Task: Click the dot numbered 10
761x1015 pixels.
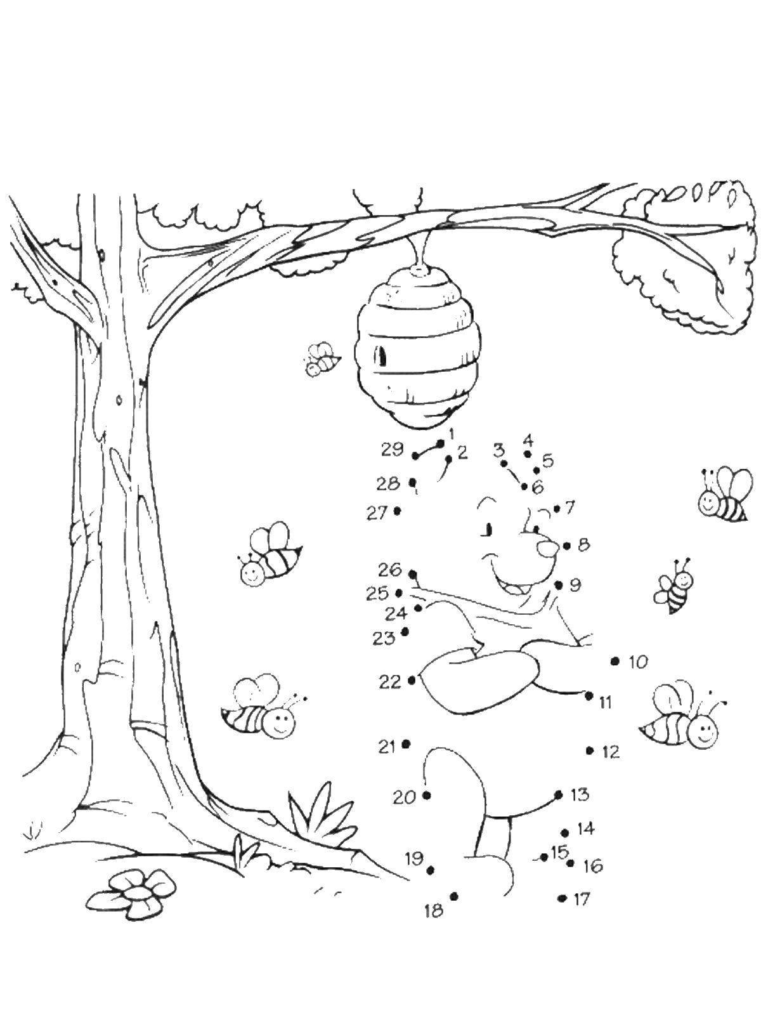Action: (614, 662)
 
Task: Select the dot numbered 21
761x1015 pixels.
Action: (406, 757)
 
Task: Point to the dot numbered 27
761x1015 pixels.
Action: (397, 511)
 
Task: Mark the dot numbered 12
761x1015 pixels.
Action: (590, 764)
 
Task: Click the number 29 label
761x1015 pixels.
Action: (393, 449)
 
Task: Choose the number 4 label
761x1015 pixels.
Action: (529, 440)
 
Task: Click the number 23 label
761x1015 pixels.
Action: (384, 639)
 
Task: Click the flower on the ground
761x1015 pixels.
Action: (131, 892)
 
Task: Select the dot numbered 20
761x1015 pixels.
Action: (426, 796)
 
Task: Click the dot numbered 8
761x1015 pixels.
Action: (568, 547)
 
